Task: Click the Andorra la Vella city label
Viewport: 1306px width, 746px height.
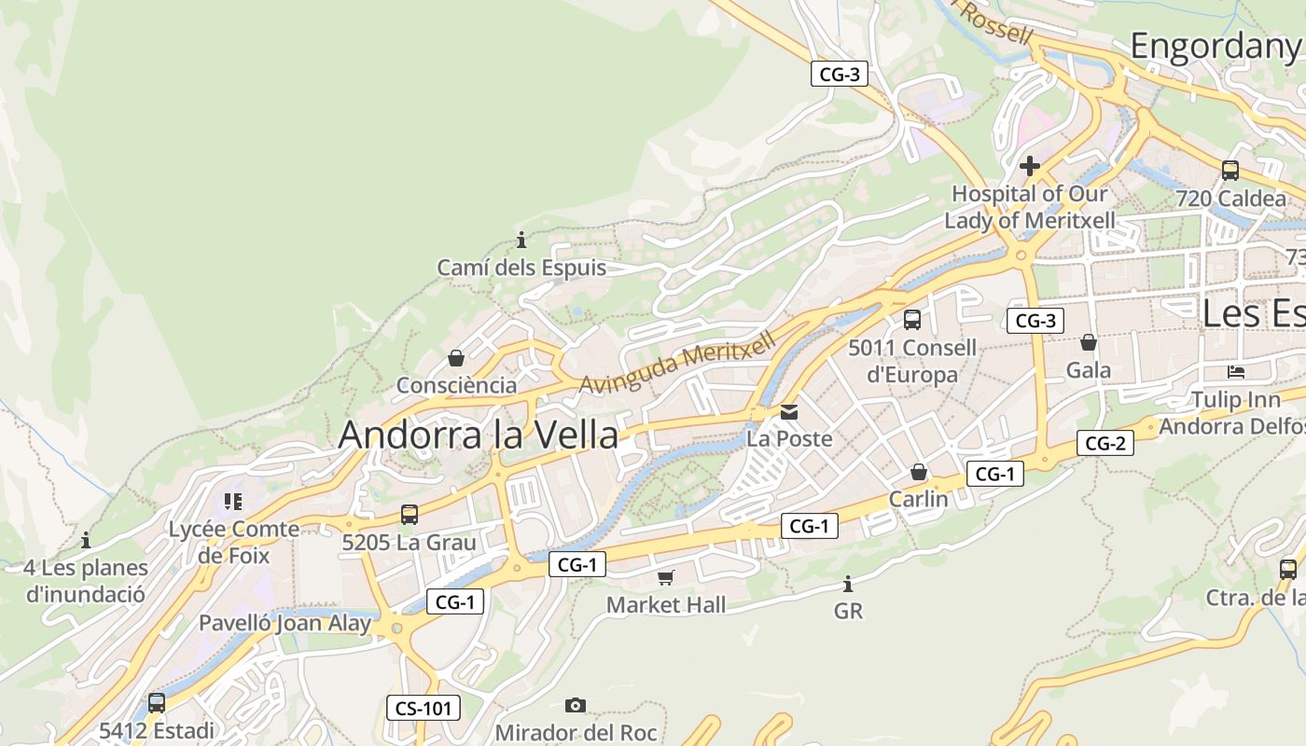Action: (478, 435)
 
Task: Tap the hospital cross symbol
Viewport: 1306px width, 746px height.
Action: (1030, 166)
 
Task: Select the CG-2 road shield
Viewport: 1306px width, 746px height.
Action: (1105, 443)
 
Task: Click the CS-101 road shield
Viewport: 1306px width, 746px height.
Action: (424, 708)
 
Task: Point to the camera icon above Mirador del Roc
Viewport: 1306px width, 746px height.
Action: (576, 705)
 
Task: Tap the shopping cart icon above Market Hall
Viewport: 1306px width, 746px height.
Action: (665, 578)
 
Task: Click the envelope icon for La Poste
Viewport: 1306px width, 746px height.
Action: (789, 411)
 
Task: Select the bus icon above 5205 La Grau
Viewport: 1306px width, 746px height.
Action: (409, 514)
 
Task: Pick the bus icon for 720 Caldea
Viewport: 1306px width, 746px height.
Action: (1230, 171)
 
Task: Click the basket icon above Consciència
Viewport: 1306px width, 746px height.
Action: (456, 358)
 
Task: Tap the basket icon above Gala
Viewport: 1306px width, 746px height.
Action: (1089, 342)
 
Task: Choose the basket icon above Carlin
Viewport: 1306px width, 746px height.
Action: (919, 472)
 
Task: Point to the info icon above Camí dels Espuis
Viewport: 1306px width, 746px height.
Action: (521, 241)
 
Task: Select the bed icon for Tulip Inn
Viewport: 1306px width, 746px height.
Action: (1237, 371)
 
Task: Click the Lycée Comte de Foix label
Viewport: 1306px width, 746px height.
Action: (233, 542)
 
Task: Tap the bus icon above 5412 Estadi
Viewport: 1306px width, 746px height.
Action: (157, 702)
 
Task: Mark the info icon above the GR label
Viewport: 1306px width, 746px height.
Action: (848, 585)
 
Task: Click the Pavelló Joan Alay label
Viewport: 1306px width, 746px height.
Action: (285, 623)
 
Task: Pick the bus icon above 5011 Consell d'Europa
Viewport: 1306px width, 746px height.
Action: (912, 320)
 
